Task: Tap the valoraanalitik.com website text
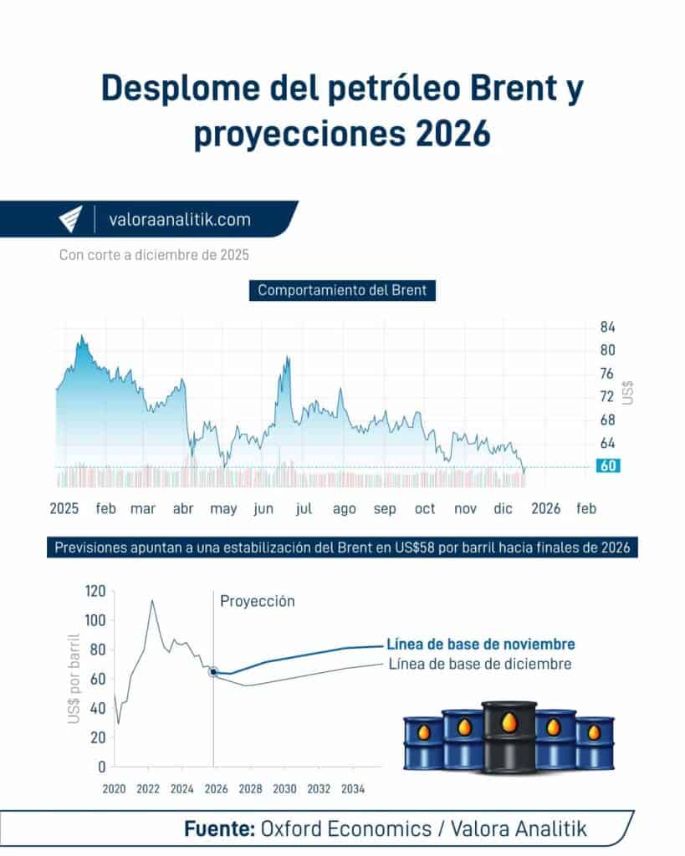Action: (179, 220)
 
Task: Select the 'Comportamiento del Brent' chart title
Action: (342, 291)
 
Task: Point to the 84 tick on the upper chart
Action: (607, 327)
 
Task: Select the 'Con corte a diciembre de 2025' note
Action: (154, 255)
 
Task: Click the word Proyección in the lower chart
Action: (258, 601)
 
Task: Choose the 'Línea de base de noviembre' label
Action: (480, 645)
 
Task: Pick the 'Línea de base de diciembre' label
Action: (480, 664)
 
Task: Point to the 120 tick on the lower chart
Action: (95, 591)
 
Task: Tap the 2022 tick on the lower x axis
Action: (148, 788)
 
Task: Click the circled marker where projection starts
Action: (214, 671)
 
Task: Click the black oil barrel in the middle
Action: (509, 736)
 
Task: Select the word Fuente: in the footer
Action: (219, 828)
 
